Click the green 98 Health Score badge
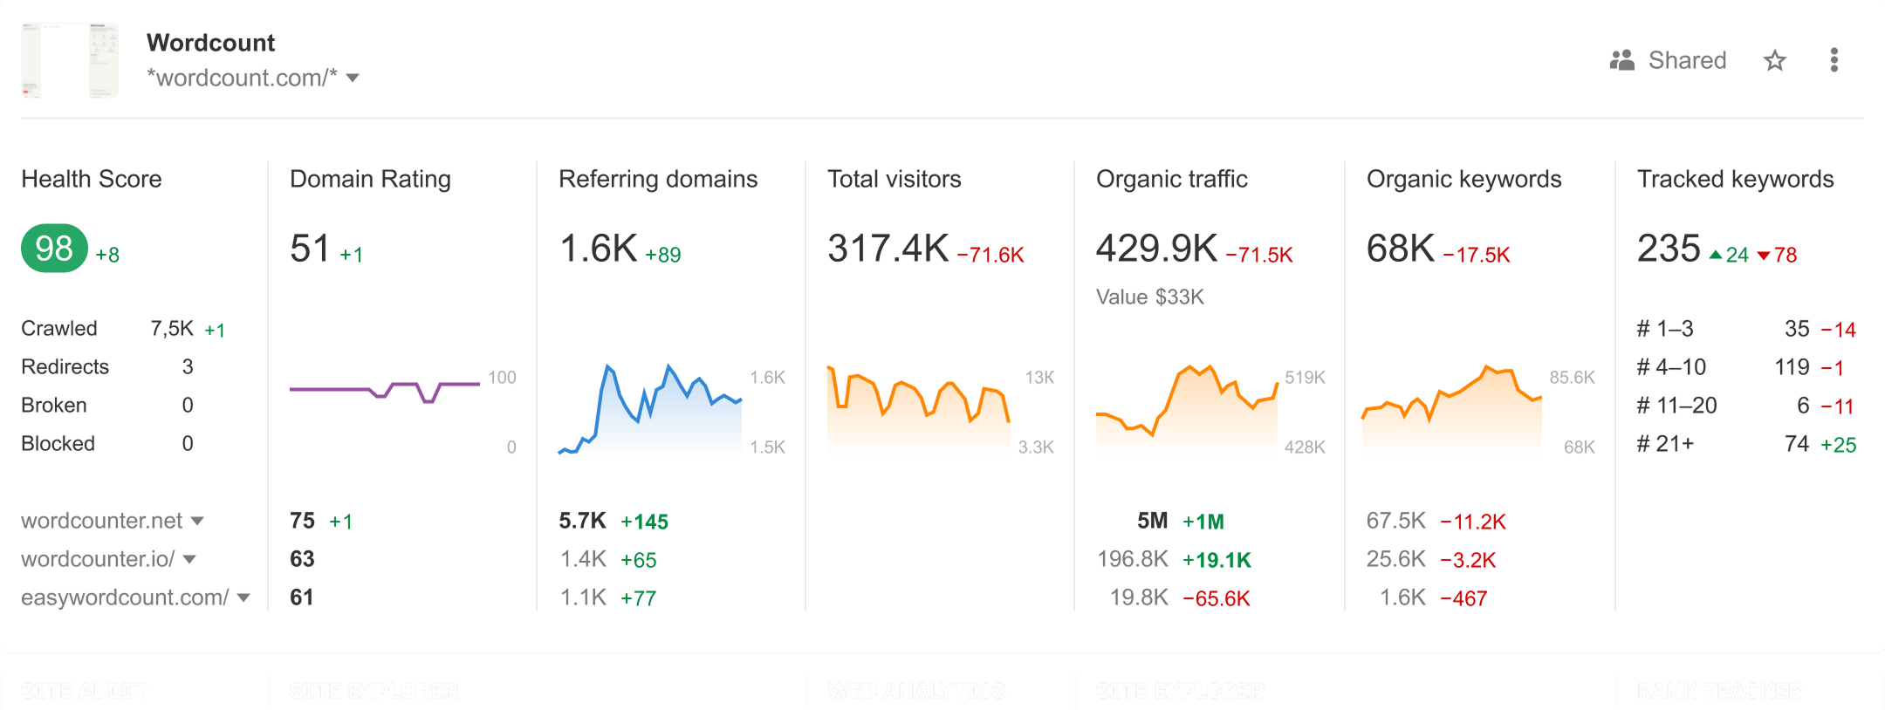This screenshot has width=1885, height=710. (54, 249)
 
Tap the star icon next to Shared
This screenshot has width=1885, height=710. (1774, 60)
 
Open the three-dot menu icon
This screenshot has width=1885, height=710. (1834, 60)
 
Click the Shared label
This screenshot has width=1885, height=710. (1686, 60)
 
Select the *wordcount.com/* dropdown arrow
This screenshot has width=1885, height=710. (353, 79)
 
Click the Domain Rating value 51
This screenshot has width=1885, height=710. (310, 249)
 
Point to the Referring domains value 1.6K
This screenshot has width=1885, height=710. (599, 249)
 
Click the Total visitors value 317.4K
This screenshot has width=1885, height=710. (888, 249)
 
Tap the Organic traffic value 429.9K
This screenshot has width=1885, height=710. (1156, 249)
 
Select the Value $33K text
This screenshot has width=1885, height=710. (1149, 297)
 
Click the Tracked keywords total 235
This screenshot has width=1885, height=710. (1669, 249)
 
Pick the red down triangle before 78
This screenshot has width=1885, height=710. (1764, 256)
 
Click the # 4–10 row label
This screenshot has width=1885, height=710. (1670, 367)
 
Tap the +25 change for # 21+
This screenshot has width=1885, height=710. (1838, 445)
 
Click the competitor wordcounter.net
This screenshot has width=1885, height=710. (102, 521)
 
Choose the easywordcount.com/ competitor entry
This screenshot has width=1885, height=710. (125, 597)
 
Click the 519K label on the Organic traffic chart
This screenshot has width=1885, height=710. (1305, 378)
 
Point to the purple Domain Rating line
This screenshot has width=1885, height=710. (332, 389)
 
